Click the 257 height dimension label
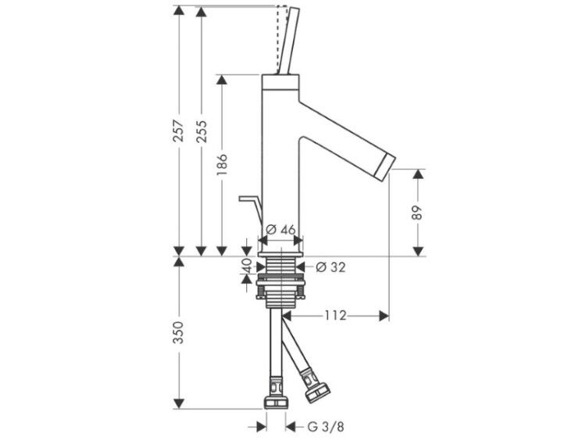tap(180, 131)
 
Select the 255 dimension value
tap(202, 131)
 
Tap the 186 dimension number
tap(222, 164)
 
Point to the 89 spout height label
tap(418, 213)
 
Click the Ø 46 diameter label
tap(281, 230)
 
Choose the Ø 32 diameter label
tap(331, 267)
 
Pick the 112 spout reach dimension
tap(335, 316)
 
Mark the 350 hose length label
tap(180, 332)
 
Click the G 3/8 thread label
tap(326, 427)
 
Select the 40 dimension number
tap(247, 266)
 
